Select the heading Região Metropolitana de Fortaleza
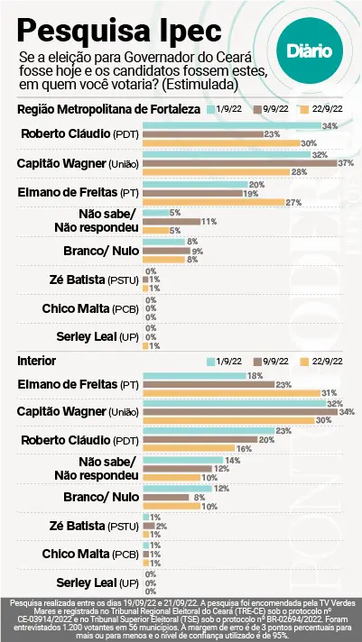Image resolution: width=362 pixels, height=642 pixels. click(x=109, y=109)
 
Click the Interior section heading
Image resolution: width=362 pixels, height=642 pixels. click(x=37, y=360)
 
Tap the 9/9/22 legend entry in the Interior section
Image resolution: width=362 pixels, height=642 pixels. click(x=276, y=360)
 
